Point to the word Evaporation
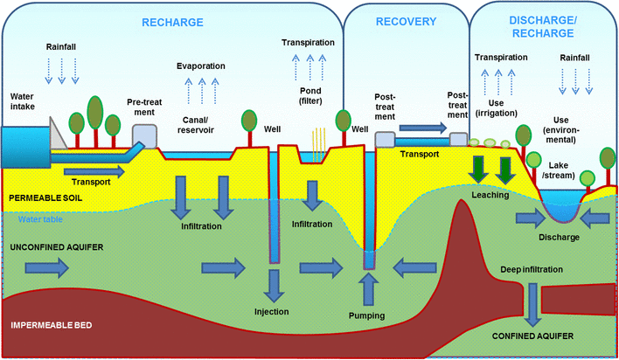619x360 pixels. [x=201, y=66]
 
